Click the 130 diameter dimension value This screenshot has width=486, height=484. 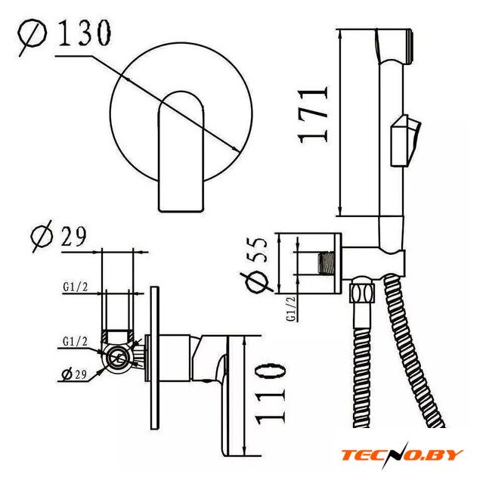84,33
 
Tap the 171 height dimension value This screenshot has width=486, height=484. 312,116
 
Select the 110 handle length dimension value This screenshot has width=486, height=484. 270,393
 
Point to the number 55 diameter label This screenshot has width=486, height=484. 257,250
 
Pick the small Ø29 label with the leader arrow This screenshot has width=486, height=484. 74,374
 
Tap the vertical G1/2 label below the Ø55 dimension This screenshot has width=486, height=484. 291,308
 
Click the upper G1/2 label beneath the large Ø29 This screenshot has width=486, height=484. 76,287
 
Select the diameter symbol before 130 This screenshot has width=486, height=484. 31,36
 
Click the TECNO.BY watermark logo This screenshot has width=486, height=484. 401,455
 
